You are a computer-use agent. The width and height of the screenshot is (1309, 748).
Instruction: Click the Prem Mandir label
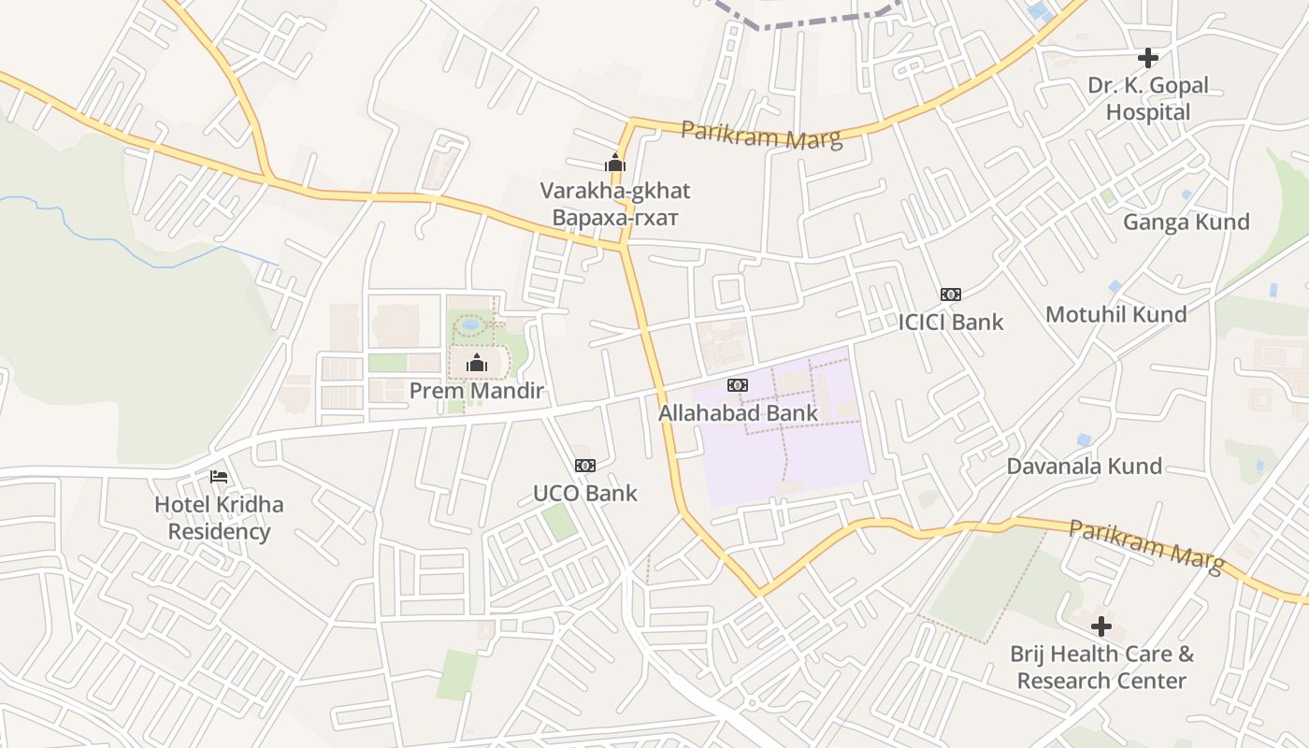(x=476, y=391)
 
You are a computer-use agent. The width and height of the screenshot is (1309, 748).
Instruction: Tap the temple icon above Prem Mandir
(x=477, y=363)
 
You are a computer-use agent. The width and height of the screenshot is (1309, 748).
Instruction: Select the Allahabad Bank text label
(x=738, y=412)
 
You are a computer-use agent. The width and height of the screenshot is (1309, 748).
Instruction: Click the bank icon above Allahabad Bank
(x=738, y=385)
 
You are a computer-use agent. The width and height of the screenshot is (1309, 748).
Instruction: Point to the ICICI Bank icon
(x=951, y=295)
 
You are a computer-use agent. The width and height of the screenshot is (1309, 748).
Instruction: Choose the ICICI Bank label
(x=950, y=323)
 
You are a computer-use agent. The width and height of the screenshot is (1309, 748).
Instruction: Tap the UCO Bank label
(x=584, y=493)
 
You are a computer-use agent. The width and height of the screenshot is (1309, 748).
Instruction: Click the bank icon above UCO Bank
(x=585, y=466)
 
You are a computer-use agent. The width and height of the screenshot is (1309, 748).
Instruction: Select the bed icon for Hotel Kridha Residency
(x=219, y=477)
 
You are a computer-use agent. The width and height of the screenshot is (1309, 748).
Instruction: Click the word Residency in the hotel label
(x=219, y=532)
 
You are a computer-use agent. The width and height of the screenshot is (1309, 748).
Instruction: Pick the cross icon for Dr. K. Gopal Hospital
(x=1148, y=58)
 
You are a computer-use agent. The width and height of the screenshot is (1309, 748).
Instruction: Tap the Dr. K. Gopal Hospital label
(x=1148, y=98)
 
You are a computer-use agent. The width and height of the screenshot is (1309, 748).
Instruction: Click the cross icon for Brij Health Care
(x=1101, y=626)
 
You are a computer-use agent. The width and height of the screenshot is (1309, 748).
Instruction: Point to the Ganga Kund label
(x=1186, y=222)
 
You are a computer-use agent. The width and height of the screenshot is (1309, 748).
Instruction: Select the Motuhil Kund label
(x=1115, y=314)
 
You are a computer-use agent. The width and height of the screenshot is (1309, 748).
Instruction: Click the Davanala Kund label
(x=1084, y=466)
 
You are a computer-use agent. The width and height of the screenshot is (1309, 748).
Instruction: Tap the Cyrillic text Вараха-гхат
(x=614, y=218)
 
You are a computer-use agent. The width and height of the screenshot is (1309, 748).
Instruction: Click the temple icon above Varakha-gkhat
(x=615, y=164)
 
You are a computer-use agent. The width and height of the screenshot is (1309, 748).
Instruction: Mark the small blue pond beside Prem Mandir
(x=470, y=324)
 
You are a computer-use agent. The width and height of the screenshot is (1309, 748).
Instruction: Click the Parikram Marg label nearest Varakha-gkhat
(x=761, y=135)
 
